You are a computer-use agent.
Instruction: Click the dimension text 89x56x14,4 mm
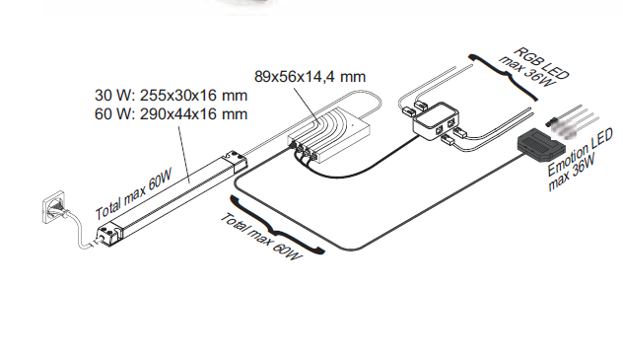(310, 76)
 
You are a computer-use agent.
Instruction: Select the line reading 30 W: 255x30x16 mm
(171, 96)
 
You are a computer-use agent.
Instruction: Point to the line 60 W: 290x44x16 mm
(171, 114)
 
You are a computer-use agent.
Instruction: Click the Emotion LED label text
(580, 152)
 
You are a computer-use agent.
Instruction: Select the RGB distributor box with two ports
(436, 121)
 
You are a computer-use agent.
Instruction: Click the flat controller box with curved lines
(329, 132)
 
